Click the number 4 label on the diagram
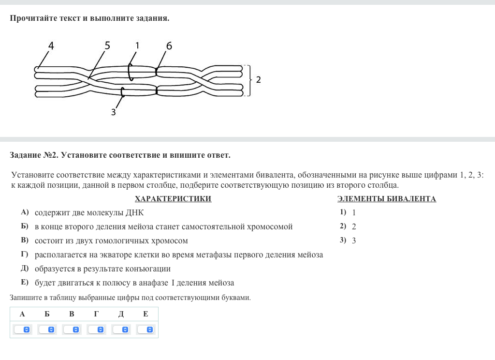click(x=51, y=46)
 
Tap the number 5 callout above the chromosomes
click(x=107, y=45)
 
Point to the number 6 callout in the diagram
click(x=169, y=46)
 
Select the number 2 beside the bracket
click(x=259, y=80)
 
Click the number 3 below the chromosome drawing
click(x=113, y=112)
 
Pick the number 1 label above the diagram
click(x=137, y=45)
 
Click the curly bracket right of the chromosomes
click(x=248, y=80)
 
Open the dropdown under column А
click(x=22, y=330)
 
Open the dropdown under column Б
click(x=47, y=330)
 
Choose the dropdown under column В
click(x=72, y=330)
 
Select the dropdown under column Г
click(x=96, y=330)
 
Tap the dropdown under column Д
click(x=121, y=330)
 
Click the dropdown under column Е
click(x=146, y=330)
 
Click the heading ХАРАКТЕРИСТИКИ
click(x=173, y=199)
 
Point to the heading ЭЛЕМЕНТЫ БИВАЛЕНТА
click(x=386, y=199)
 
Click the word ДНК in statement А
click(x=134, y=212)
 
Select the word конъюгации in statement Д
click(x=150, y=269)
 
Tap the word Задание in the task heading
click(x=25, y=155)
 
